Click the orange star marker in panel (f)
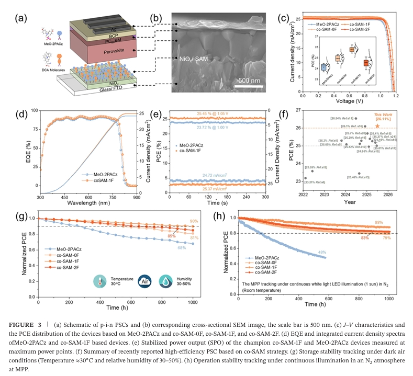(377, 126)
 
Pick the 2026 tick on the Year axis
(388, 194)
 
